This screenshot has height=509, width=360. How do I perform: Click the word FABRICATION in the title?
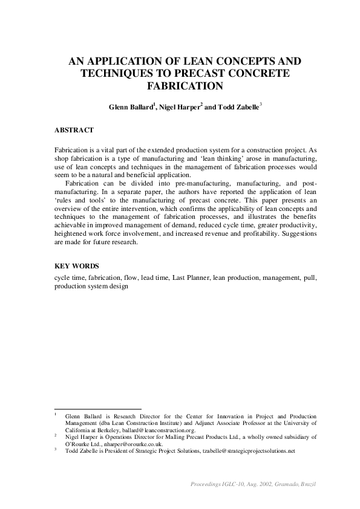(x=180, y=86)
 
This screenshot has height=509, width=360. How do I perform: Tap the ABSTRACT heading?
(x=74, y=130)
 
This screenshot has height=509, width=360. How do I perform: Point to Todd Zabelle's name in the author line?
(x=237, y=108)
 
